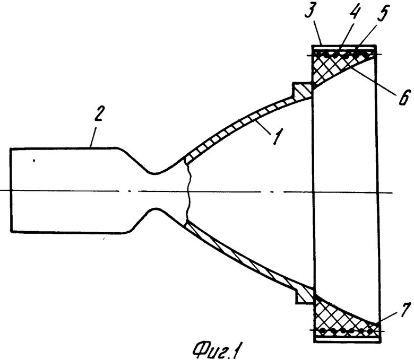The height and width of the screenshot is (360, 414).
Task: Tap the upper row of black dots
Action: click(345, 54)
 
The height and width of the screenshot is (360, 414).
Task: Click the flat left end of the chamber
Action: click(11, 190)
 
